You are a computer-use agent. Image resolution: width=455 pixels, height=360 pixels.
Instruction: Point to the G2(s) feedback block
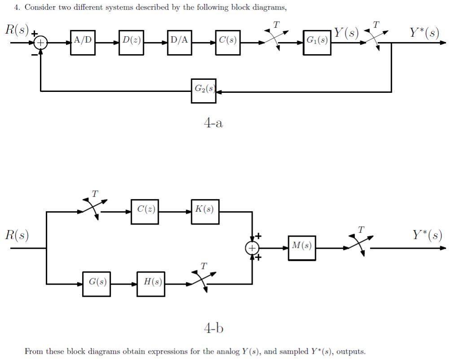[203, 91]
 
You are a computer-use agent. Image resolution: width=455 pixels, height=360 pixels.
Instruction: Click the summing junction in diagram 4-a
[40, 43]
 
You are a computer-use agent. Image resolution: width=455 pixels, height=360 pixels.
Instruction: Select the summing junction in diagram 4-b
[252, 248]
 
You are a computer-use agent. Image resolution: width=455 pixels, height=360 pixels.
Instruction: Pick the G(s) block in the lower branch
[96, 284]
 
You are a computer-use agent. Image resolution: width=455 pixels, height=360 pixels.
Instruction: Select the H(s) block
[151, 284]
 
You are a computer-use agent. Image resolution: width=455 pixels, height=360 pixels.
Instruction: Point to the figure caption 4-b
[213, 329]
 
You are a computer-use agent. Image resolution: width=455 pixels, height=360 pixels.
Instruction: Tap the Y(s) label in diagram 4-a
[346, 33]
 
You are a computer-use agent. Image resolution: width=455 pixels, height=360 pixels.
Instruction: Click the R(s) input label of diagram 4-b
[17, 235]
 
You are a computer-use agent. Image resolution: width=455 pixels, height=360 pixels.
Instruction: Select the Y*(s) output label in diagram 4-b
[427, 235]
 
